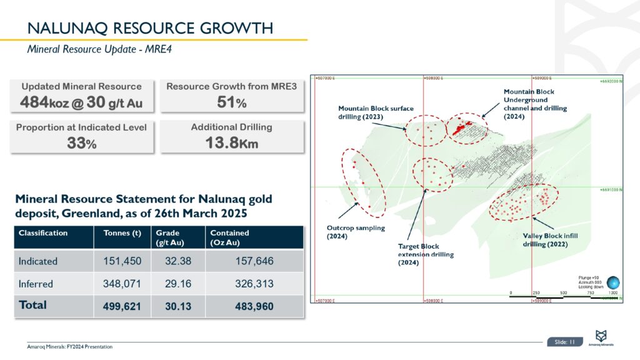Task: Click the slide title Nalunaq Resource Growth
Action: click(150, 28)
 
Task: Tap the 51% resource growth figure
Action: click(232, 102)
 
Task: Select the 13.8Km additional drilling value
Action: click(232, 142)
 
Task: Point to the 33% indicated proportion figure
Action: click(82, 142)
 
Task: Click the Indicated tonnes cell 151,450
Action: click(122, 261)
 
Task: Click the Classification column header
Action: click(43, 233)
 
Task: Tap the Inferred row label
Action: click(36, 283)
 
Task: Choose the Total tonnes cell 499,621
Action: click(122, 306)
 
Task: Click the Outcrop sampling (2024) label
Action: click(356, 232)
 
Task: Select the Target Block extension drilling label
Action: click(426, 254)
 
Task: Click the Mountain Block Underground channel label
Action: click(535, 100)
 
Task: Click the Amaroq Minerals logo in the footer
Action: click(602, 337)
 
